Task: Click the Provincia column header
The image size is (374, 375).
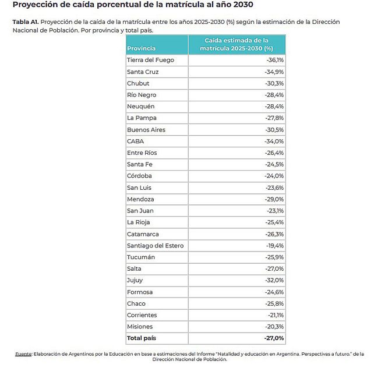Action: click(141, 48)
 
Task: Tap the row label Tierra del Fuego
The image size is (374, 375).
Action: click(150, 60)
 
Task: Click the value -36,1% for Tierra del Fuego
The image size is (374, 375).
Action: click(274, 60)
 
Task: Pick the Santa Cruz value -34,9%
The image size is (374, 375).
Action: click(274, 72)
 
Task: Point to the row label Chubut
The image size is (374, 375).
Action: click(138, 83)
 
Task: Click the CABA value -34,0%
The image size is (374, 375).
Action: click(274, 141)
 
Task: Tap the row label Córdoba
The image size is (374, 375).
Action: click(139, 176)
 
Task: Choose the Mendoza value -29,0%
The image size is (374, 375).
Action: click(274, 199)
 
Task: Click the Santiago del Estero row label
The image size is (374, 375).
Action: click(155, 245)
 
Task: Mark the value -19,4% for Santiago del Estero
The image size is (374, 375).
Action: click(274, 245)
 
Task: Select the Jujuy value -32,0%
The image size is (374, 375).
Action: click(274, 280)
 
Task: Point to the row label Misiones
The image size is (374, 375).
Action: click(140, 327)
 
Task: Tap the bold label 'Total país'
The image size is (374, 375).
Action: click(141, 338)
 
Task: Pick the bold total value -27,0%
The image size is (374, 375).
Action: click(273, 338)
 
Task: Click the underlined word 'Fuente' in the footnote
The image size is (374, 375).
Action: click(23, 354)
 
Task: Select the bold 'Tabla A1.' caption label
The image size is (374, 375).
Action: click(26, 22)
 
